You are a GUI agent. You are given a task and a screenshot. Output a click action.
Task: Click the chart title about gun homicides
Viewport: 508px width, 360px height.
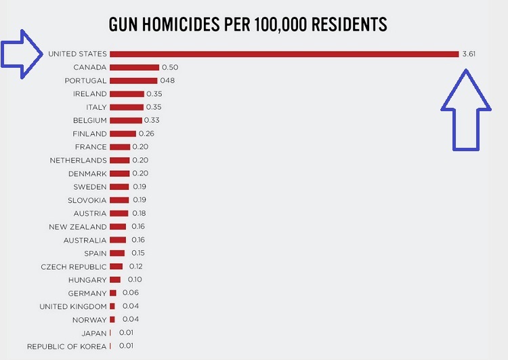coord(248,25)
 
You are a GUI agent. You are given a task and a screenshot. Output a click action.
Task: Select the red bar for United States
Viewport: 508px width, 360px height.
coord(284,54)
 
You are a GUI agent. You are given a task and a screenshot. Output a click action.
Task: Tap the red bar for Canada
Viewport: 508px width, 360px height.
coord(134,67)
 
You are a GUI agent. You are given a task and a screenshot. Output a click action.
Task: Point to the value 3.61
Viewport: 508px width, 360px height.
coord(469,54)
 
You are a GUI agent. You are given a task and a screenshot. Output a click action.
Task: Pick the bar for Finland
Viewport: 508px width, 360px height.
coord(123,134)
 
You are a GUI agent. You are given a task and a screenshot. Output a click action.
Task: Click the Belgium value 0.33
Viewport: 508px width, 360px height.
coord(152,120)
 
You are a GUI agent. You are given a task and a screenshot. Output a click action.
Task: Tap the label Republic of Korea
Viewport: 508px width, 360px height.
coord(66,346)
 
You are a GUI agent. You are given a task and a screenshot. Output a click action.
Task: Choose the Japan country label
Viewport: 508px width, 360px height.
coord(94,333)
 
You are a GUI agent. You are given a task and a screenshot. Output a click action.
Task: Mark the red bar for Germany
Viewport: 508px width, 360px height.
coord(113,293)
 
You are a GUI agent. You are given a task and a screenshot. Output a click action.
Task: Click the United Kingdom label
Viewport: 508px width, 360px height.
coord(72,306)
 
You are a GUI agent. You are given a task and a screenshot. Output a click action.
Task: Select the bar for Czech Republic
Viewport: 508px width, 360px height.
coord(117,266)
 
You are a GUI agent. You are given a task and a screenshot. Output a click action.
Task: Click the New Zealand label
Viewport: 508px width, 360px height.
coord(78,226)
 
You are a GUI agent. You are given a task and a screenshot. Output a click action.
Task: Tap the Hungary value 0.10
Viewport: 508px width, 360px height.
coord(134,279)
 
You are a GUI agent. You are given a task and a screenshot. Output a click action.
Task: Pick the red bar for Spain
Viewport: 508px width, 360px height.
coord(117,253)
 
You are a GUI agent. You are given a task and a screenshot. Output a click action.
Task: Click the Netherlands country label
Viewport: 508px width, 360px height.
coord(78,160)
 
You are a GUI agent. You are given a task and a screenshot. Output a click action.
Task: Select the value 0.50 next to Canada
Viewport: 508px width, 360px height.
coord(170,67)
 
